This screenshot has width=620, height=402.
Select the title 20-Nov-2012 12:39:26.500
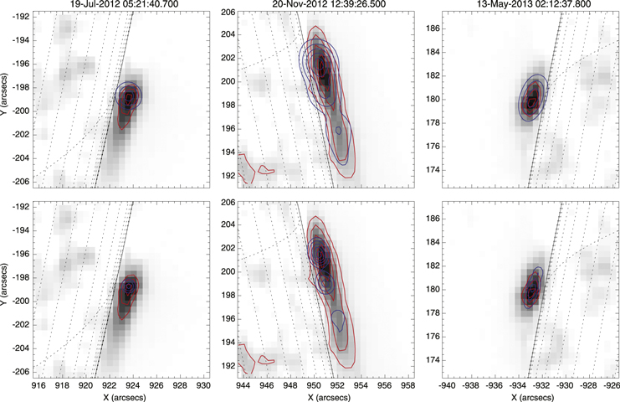326,5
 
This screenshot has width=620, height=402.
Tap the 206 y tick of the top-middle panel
226,13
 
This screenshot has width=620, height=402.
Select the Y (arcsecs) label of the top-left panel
6,99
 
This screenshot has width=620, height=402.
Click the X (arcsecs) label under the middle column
326,395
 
